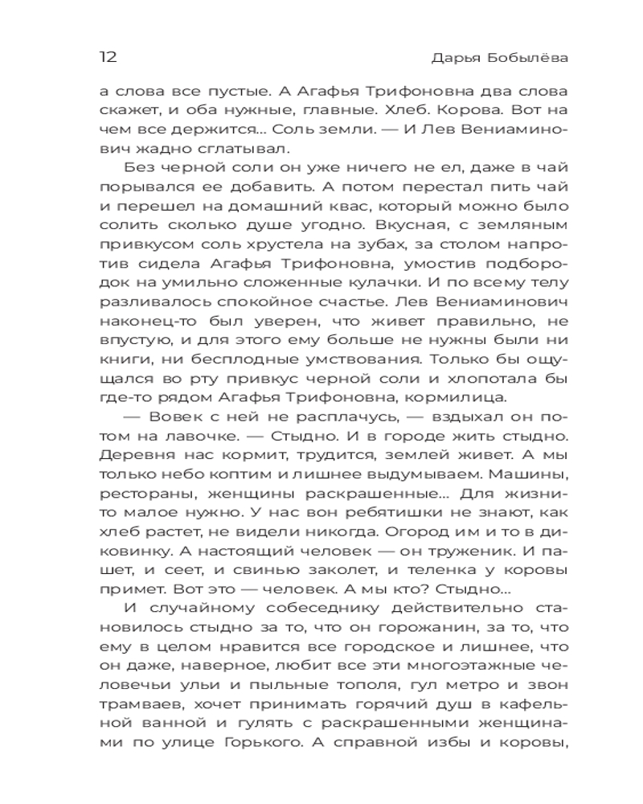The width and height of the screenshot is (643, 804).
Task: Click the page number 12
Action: [107, 57]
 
